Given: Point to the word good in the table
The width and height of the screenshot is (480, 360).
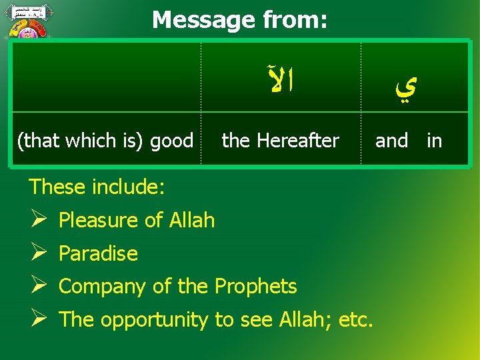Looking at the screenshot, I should [171, 141].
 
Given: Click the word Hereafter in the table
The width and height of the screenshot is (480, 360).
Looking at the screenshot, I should [297, 141].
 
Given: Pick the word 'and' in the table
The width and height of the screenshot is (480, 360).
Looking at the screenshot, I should [391, 141].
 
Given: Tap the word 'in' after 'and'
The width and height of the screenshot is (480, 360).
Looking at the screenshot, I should [434, 141].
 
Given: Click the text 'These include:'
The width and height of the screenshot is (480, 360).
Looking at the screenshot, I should [96, 187].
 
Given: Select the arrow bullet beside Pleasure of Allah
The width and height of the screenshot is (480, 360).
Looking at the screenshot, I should [37, 220].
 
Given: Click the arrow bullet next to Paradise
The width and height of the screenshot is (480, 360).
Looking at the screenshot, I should [37, 253].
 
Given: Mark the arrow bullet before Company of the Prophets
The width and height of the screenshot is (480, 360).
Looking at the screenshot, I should [37, 287].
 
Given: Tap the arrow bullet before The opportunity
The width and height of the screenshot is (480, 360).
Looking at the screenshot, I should [37, 320].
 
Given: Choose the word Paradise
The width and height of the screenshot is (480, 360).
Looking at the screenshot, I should [98, 254].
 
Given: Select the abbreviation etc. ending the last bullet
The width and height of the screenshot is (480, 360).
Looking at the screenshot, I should [357, 320].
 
